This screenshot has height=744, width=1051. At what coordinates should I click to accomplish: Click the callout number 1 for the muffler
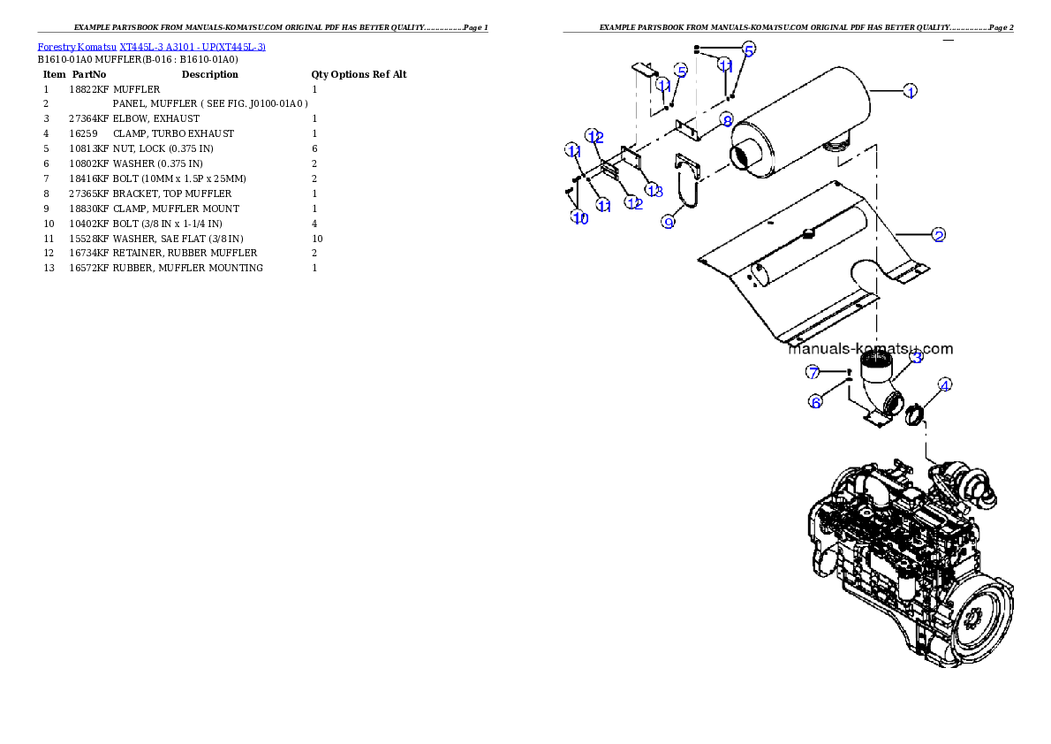[x=910, y=91]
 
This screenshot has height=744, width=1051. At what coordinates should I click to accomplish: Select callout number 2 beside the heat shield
[x=939, y=235]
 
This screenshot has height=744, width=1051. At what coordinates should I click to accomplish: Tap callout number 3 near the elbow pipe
[x=917, y=357]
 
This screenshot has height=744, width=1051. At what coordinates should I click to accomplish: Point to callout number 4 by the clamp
[x=945, y=385]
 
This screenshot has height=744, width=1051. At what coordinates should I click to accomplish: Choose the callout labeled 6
[x=816, y=402]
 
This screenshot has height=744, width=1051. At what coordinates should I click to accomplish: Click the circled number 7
[x=813, y=372]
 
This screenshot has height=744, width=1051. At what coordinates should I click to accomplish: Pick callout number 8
[x=726, y=119]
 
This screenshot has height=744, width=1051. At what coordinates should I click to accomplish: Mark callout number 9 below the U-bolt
[x=669, y=222]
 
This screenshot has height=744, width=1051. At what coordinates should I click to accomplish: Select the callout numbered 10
[x=579, y=217]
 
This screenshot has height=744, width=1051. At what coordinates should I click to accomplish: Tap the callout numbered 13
[x=654, y=191]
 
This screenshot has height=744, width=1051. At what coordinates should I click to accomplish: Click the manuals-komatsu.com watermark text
[x=870, y=348]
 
